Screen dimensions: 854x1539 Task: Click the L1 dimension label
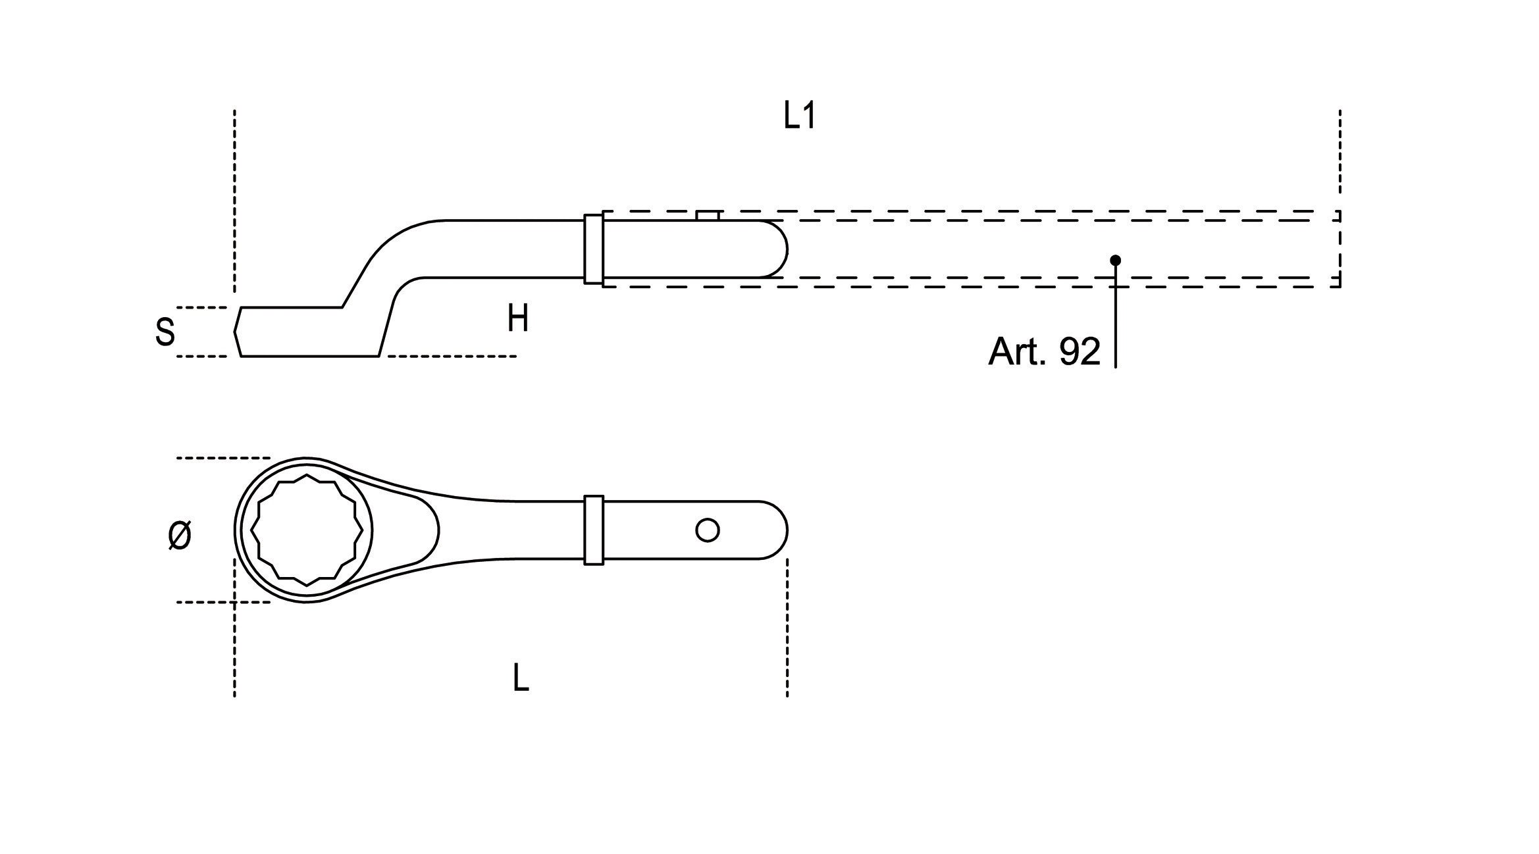(800, 117)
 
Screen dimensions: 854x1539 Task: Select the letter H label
(517, 320)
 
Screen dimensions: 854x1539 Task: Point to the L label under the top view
(520, 678)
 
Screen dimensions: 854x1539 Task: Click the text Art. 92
(1043, 352)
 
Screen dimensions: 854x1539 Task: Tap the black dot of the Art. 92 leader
(1115, 261)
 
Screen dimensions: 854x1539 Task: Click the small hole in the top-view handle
(708, 530)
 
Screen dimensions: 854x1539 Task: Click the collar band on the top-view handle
(593, 530)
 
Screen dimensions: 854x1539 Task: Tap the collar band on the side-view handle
(593, 249)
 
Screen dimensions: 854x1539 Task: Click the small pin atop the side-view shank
(708, 216)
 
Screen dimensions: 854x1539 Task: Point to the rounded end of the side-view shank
(780, 249)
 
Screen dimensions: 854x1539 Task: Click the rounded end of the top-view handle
(780, 530)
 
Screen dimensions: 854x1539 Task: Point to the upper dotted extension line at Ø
(224, 458)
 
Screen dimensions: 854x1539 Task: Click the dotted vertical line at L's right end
(787, 625)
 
